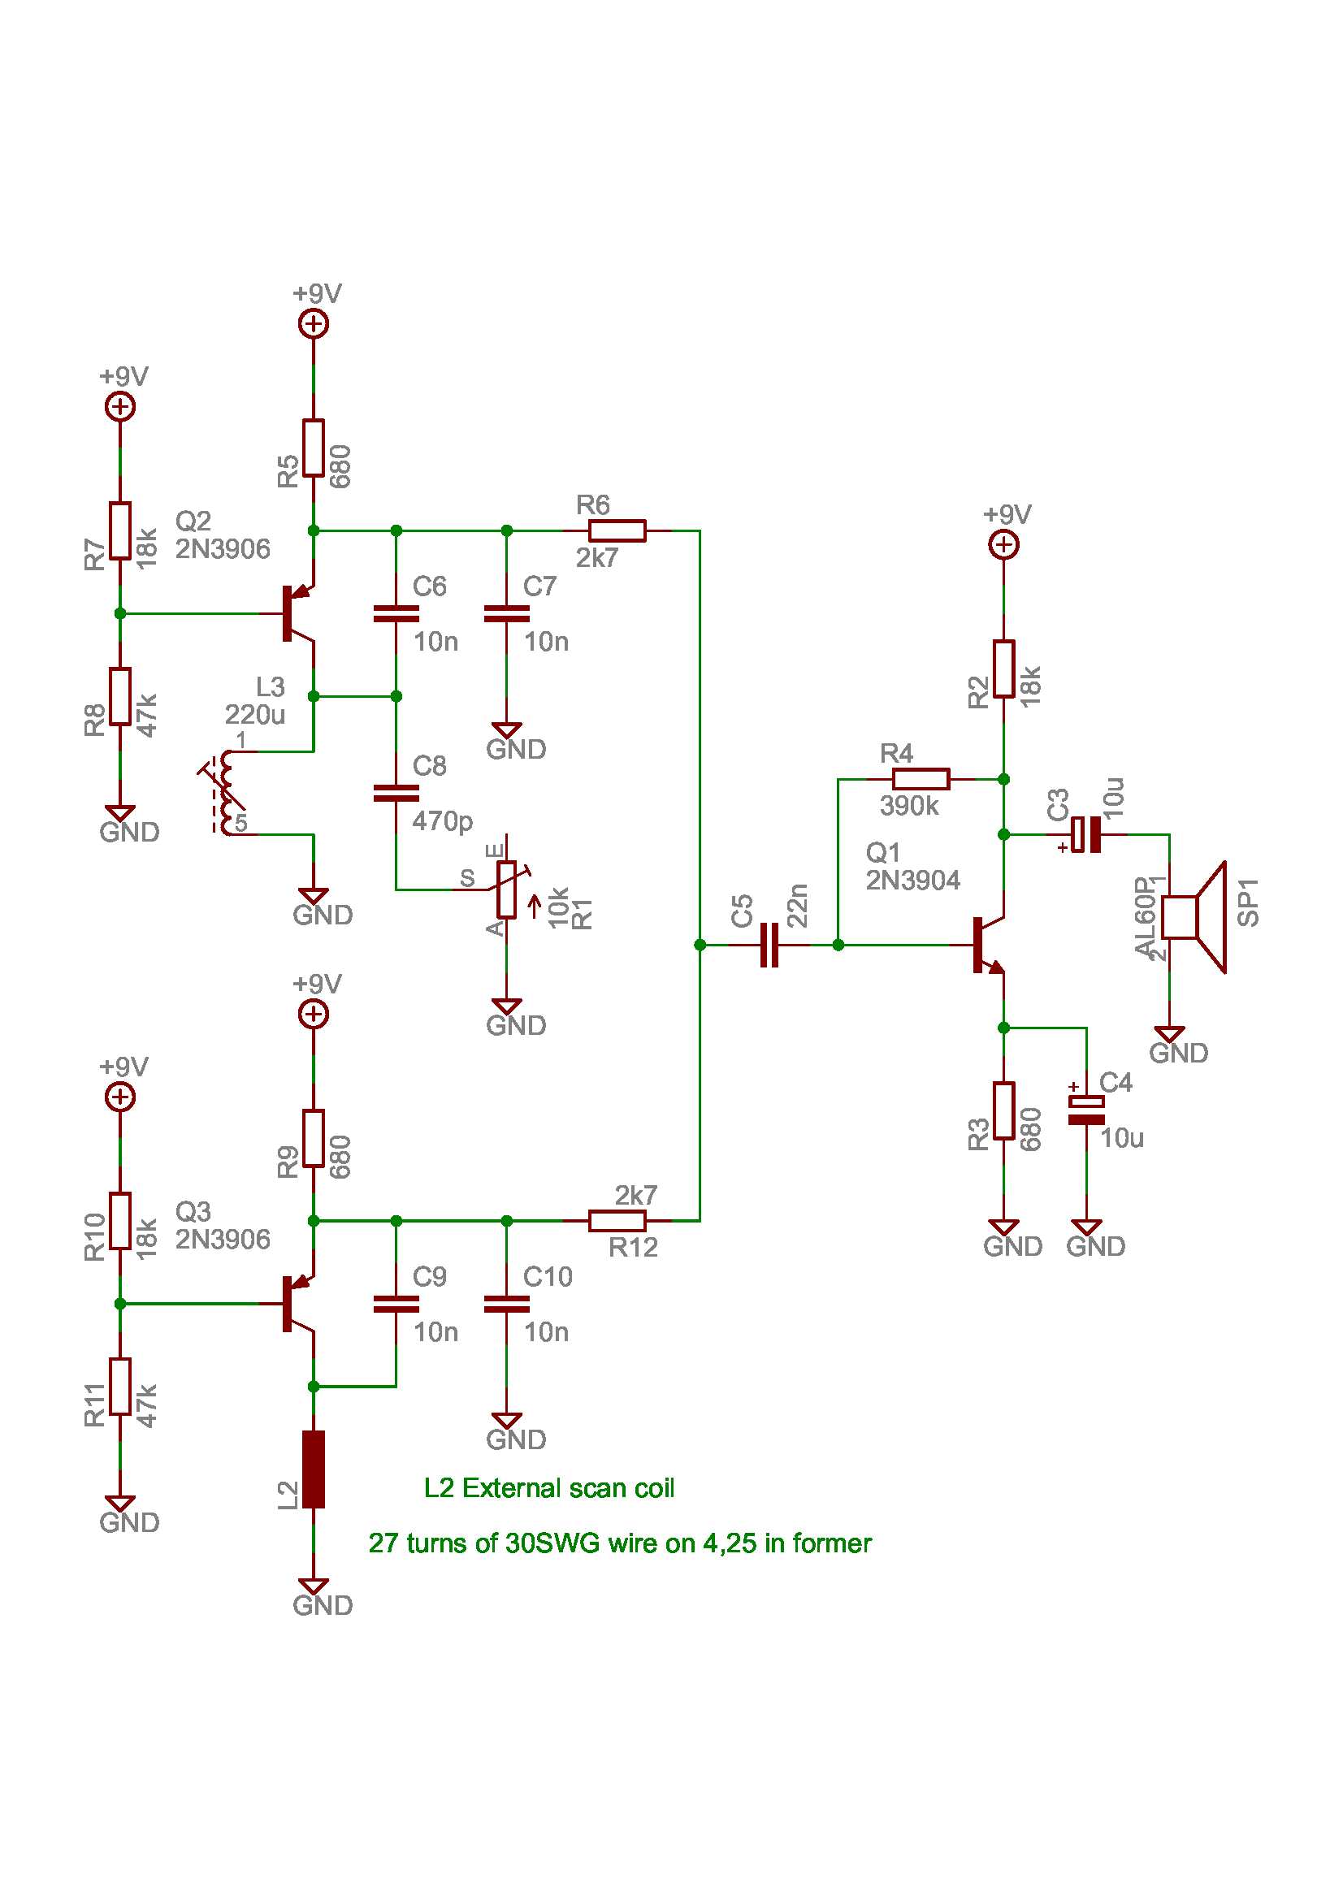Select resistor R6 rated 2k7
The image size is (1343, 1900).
617,530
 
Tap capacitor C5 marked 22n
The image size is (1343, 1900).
769,944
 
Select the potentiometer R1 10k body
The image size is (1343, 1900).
506,889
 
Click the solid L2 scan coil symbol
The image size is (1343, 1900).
313,1469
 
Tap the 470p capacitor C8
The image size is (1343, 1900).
396,793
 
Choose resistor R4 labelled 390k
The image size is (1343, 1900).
921,779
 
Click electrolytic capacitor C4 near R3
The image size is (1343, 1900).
1085,1110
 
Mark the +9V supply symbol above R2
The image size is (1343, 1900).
1003,544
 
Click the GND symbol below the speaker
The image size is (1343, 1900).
1168,1034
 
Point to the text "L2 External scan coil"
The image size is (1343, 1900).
548,1488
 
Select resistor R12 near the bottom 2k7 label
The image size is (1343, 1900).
617,1220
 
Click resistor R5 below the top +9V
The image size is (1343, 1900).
313,448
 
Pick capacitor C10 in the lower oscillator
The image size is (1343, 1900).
506,1303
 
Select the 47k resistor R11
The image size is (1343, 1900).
120,1386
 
